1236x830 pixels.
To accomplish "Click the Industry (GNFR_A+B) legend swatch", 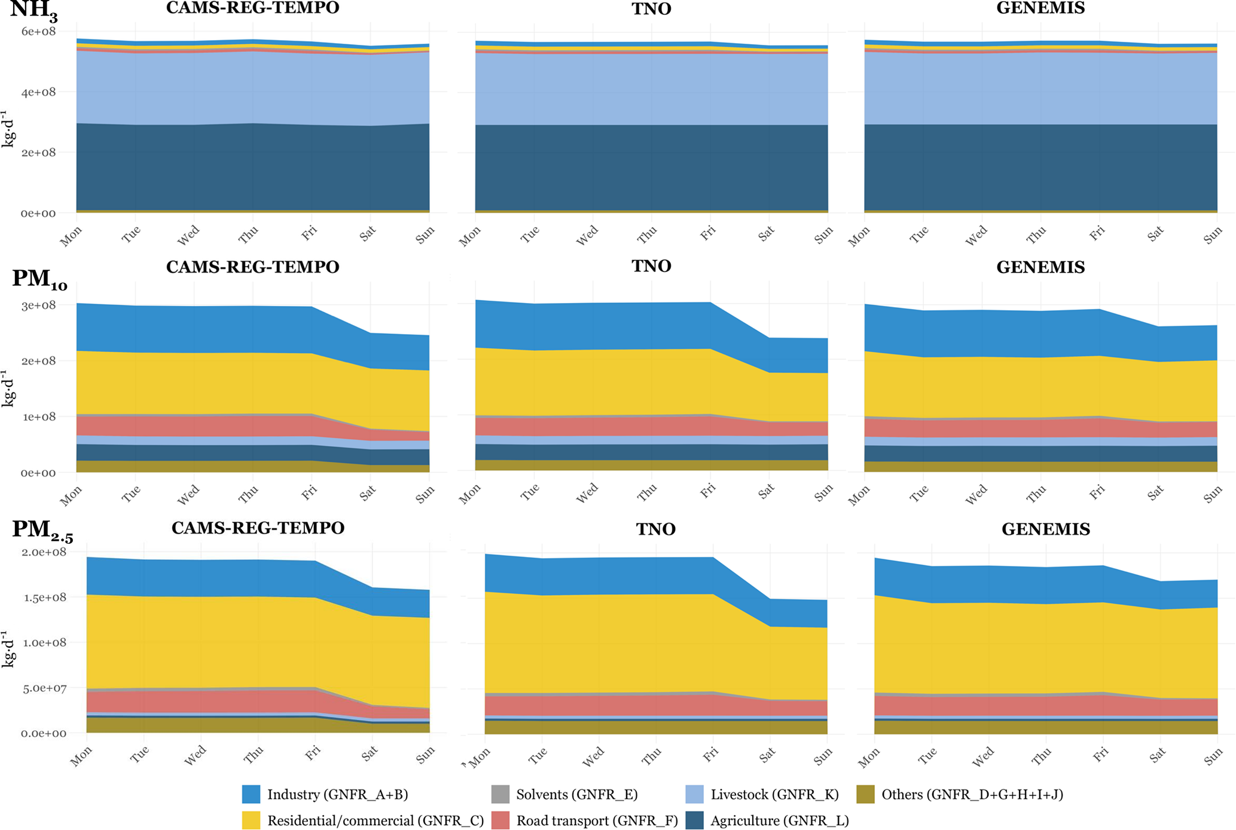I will coord(251,794).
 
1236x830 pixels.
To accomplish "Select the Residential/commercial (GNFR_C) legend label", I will coord(376,820).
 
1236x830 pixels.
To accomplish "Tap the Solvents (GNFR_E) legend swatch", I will coord(500,794).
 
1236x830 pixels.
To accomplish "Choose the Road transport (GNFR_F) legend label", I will coord(597,820).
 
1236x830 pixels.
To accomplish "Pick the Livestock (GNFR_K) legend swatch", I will coord(694,794).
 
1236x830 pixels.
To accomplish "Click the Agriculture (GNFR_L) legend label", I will coord(779,820).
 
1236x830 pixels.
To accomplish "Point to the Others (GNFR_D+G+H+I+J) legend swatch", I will coord(865,794).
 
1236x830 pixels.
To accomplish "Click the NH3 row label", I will coord(33,11).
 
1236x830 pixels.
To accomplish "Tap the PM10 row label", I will coord(39,279).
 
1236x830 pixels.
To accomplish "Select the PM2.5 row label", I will coord(42,531).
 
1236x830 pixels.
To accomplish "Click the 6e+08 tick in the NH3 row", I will coord(38,31).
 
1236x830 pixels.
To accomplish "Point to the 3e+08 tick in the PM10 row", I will coord(38,305).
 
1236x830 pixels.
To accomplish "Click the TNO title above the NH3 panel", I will coord(651,9).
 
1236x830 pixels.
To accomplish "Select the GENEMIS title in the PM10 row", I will coord(1040,267).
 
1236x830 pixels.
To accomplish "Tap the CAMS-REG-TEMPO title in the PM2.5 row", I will coord(258,528).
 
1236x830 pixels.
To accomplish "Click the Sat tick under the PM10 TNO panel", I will coord(766,492).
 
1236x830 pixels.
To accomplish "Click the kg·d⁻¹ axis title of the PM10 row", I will coord(8,388).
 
